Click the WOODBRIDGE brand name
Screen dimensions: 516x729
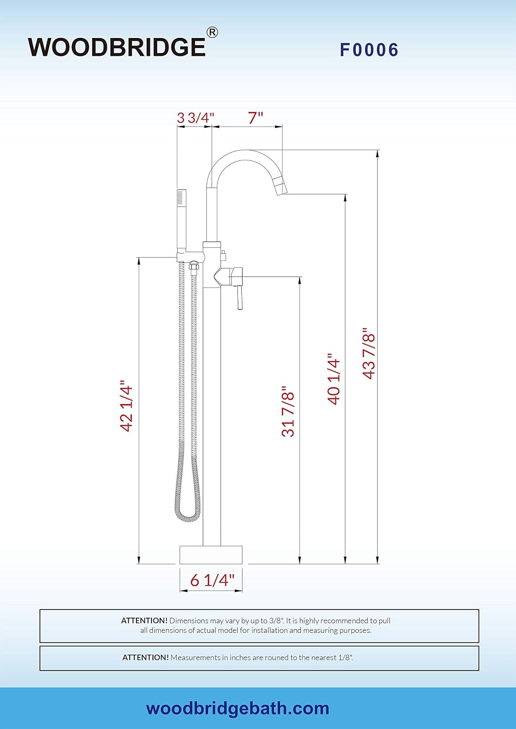pos(117,48)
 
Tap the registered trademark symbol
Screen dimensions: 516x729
pos(212,33)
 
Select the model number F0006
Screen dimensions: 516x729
pos(369,50)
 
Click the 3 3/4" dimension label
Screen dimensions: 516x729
pos(196,118)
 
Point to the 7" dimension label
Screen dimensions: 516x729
pos(255,118)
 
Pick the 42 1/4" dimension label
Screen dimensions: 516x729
pos(127,405)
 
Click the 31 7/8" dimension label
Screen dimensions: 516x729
pos(288,411)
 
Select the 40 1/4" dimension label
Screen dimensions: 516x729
pos(334,379)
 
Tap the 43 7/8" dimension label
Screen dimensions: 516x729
pos(369,353)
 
